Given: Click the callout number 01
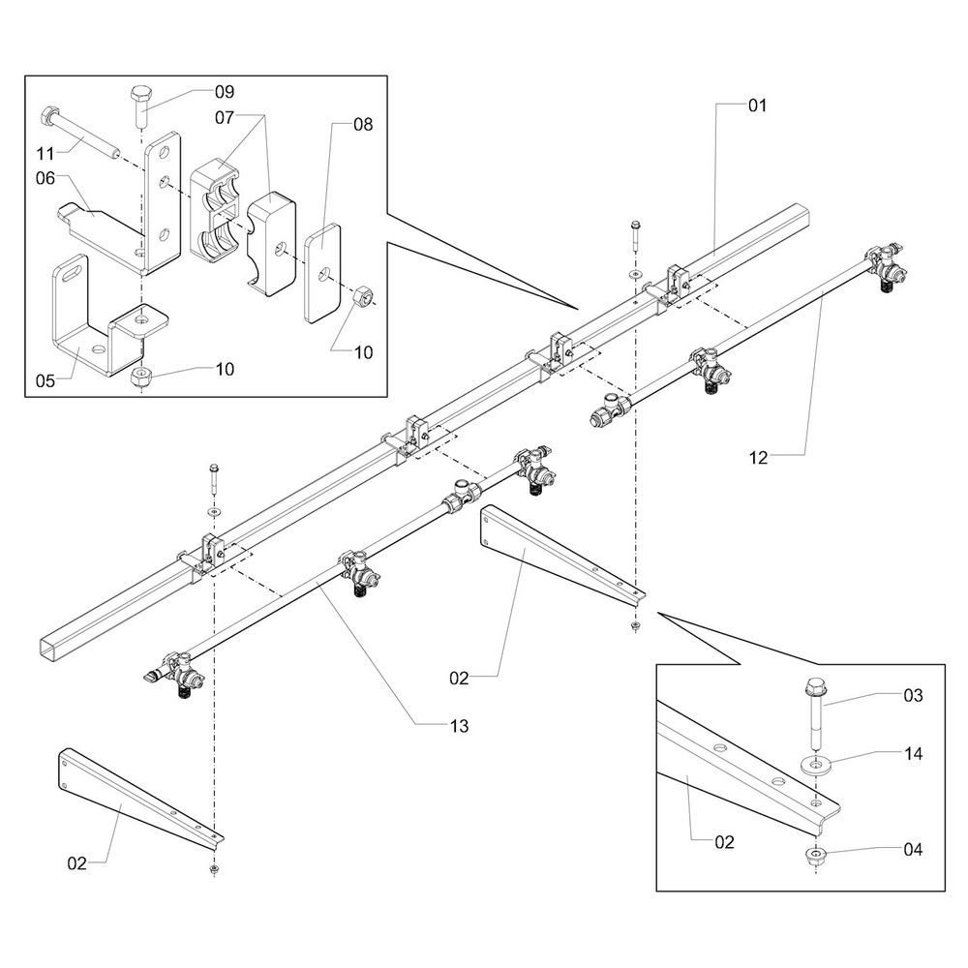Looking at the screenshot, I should (757, 106).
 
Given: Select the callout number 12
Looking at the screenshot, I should (757, 458).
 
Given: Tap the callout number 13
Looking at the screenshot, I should (458, 726).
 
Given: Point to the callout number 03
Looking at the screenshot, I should (912, 695).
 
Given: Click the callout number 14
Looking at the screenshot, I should (912, 753).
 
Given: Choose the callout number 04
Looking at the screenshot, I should (912, 850).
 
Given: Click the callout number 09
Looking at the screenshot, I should (225, 92).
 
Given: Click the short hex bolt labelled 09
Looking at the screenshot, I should (138, 106).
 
